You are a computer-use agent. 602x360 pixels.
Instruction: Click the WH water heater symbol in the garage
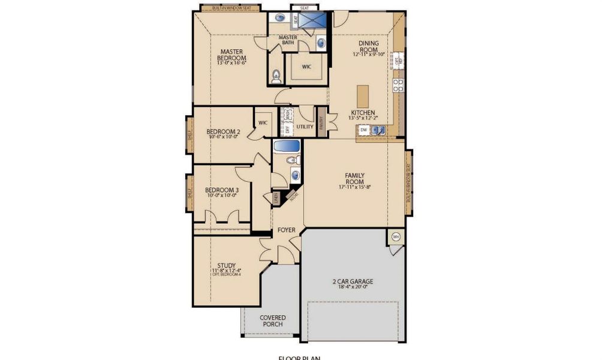click(x=396, y=237)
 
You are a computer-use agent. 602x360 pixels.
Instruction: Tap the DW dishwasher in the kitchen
click(x=363, y=129)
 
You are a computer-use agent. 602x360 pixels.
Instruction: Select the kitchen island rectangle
click(x=363, y=96)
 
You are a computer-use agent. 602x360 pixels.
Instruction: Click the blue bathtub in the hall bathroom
click(x=287, y=146)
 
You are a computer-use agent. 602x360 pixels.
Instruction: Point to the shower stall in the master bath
click(x=314, y=21)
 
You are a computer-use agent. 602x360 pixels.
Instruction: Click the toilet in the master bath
click(x=276, y=76)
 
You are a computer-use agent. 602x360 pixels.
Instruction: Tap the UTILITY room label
click(x=305, y=127)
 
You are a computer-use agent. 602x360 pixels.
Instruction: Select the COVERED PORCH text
click(x=273, y=321)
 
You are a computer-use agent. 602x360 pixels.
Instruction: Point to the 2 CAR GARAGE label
click(x=353, y=281)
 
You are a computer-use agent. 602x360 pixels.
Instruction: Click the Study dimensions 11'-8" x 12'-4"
click(x=226, y=271)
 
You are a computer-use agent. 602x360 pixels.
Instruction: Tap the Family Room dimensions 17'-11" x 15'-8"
click(x=354, y=187)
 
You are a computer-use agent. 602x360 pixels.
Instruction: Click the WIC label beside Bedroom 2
click(x=263, y=123)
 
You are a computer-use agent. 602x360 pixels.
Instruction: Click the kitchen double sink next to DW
click(x=378, y=129)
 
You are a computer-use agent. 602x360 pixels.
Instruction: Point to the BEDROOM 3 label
click(x=218, y=190)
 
